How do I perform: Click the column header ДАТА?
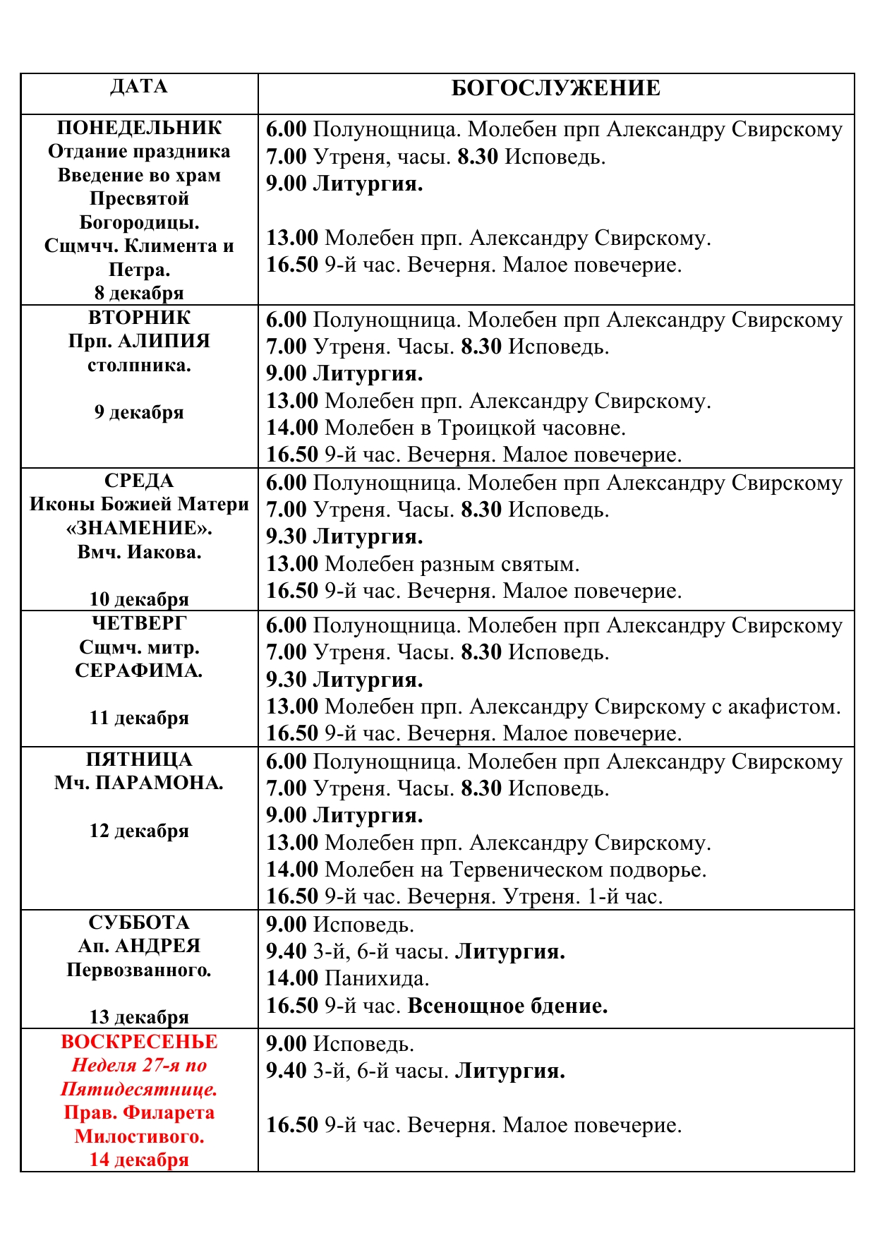(139, 87)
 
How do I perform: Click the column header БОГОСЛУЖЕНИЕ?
(555, 88)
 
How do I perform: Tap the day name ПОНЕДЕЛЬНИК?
(139, 128)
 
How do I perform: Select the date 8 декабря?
(139, 292)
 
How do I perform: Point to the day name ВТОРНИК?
(139, 317)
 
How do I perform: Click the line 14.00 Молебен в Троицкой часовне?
(446, 428)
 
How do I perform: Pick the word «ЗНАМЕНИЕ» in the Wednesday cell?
(139, 528)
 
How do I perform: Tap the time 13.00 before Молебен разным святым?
(292, 564)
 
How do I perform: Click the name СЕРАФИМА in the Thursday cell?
(139, 671)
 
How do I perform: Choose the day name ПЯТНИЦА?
(139, 759)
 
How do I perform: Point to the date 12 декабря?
(139, 831)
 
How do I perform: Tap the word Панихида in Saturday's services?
(376, 978)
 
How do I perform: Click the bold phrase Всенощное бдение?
(507, 1006)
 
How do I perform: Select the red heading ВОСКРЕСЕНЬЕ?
(139, 1042)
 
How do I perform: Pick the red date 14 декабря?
(139, 1160)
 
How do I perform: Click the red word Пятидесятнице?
(139, 1089)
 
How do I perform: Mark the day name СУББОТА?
(139, 923)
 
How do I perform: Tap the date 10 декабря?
(139, 599)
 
